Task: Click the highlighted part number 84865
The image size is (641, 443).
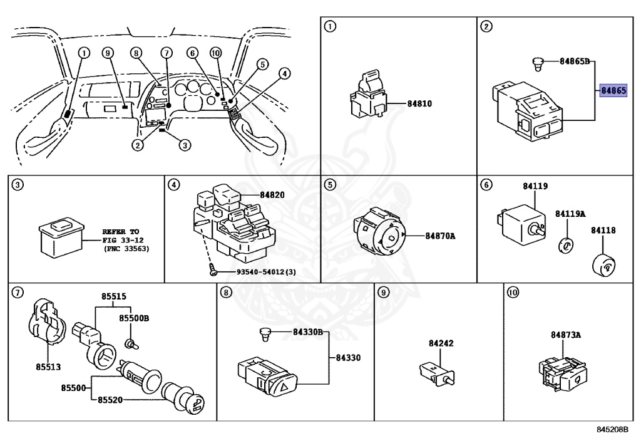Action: (x=613, y=91)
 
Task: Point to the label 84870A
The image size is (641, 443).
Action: (x=440, y=236)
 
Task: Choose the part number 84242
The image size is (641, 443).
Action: (x=441, y=343)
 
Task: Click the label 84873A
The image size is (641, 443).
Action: (x=566, y=335)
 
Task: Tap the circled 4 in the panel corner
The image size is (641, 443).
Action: (x=174, y=185)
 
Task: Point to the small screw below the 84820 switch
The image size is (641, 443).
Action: (x=213, y=272)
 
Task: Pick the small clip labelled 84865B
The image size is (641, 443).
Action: (x=535, y=62)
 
